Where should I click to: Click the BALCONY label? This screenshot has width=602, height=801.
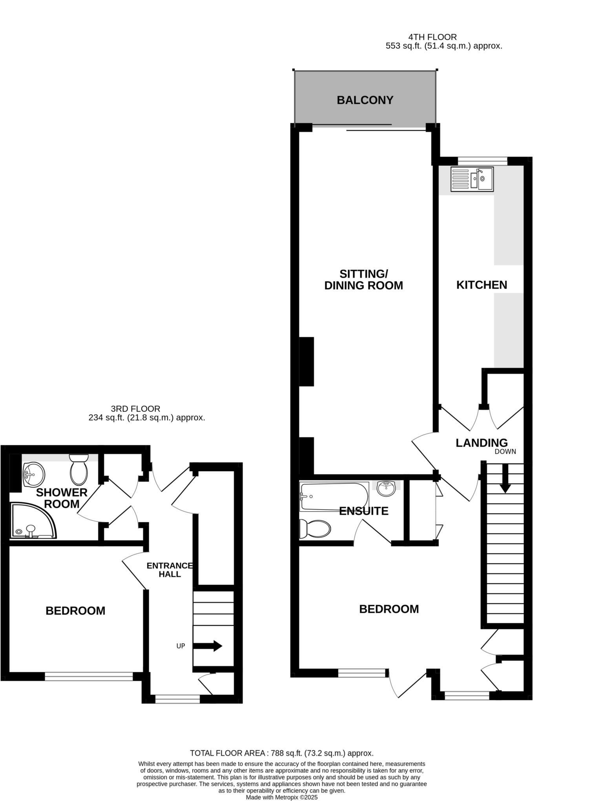pos(365,100)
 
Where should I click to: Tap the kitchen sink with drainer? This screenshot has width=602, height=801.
pos(472,179)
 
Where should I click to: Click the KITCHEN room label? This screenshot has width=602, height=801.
pos(481,285)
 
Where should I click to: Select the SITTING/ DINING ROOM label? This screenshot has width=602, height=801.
pos(363,280)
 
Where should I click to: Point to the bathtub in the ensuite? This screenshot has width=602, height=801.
pos(334,497)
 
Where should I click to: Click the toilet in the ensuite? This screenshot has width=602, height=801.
pos(315,529)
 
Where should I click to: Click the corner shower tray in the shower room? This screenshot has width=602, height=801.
pos(31,521)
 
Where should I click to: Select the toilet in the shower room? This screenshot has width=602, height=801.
pos(79,470)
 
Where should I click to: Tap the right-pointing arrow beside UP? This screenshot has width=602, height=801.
pos(208,646)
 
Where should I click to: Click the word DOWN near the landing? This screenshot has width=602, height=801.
pos(505,452)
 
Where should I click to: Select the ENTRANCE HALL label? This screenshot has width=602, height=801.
pos(170,570)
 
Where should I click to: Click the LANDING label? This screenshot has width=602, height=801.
pos(481,443)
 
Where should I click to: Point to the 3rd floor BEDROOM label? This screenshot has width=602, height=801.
pos(75,611)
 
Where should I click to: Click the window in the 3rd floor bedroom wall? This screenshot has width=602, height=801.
pos(89,676)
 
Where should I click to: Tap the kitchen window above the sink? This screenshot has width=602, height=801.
pos(482,160)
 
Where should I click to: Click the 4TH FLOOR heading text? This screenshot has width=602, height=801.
pos(432,37)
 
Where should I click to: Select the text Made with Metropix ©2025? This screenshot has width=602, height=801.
pos(281,797)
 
